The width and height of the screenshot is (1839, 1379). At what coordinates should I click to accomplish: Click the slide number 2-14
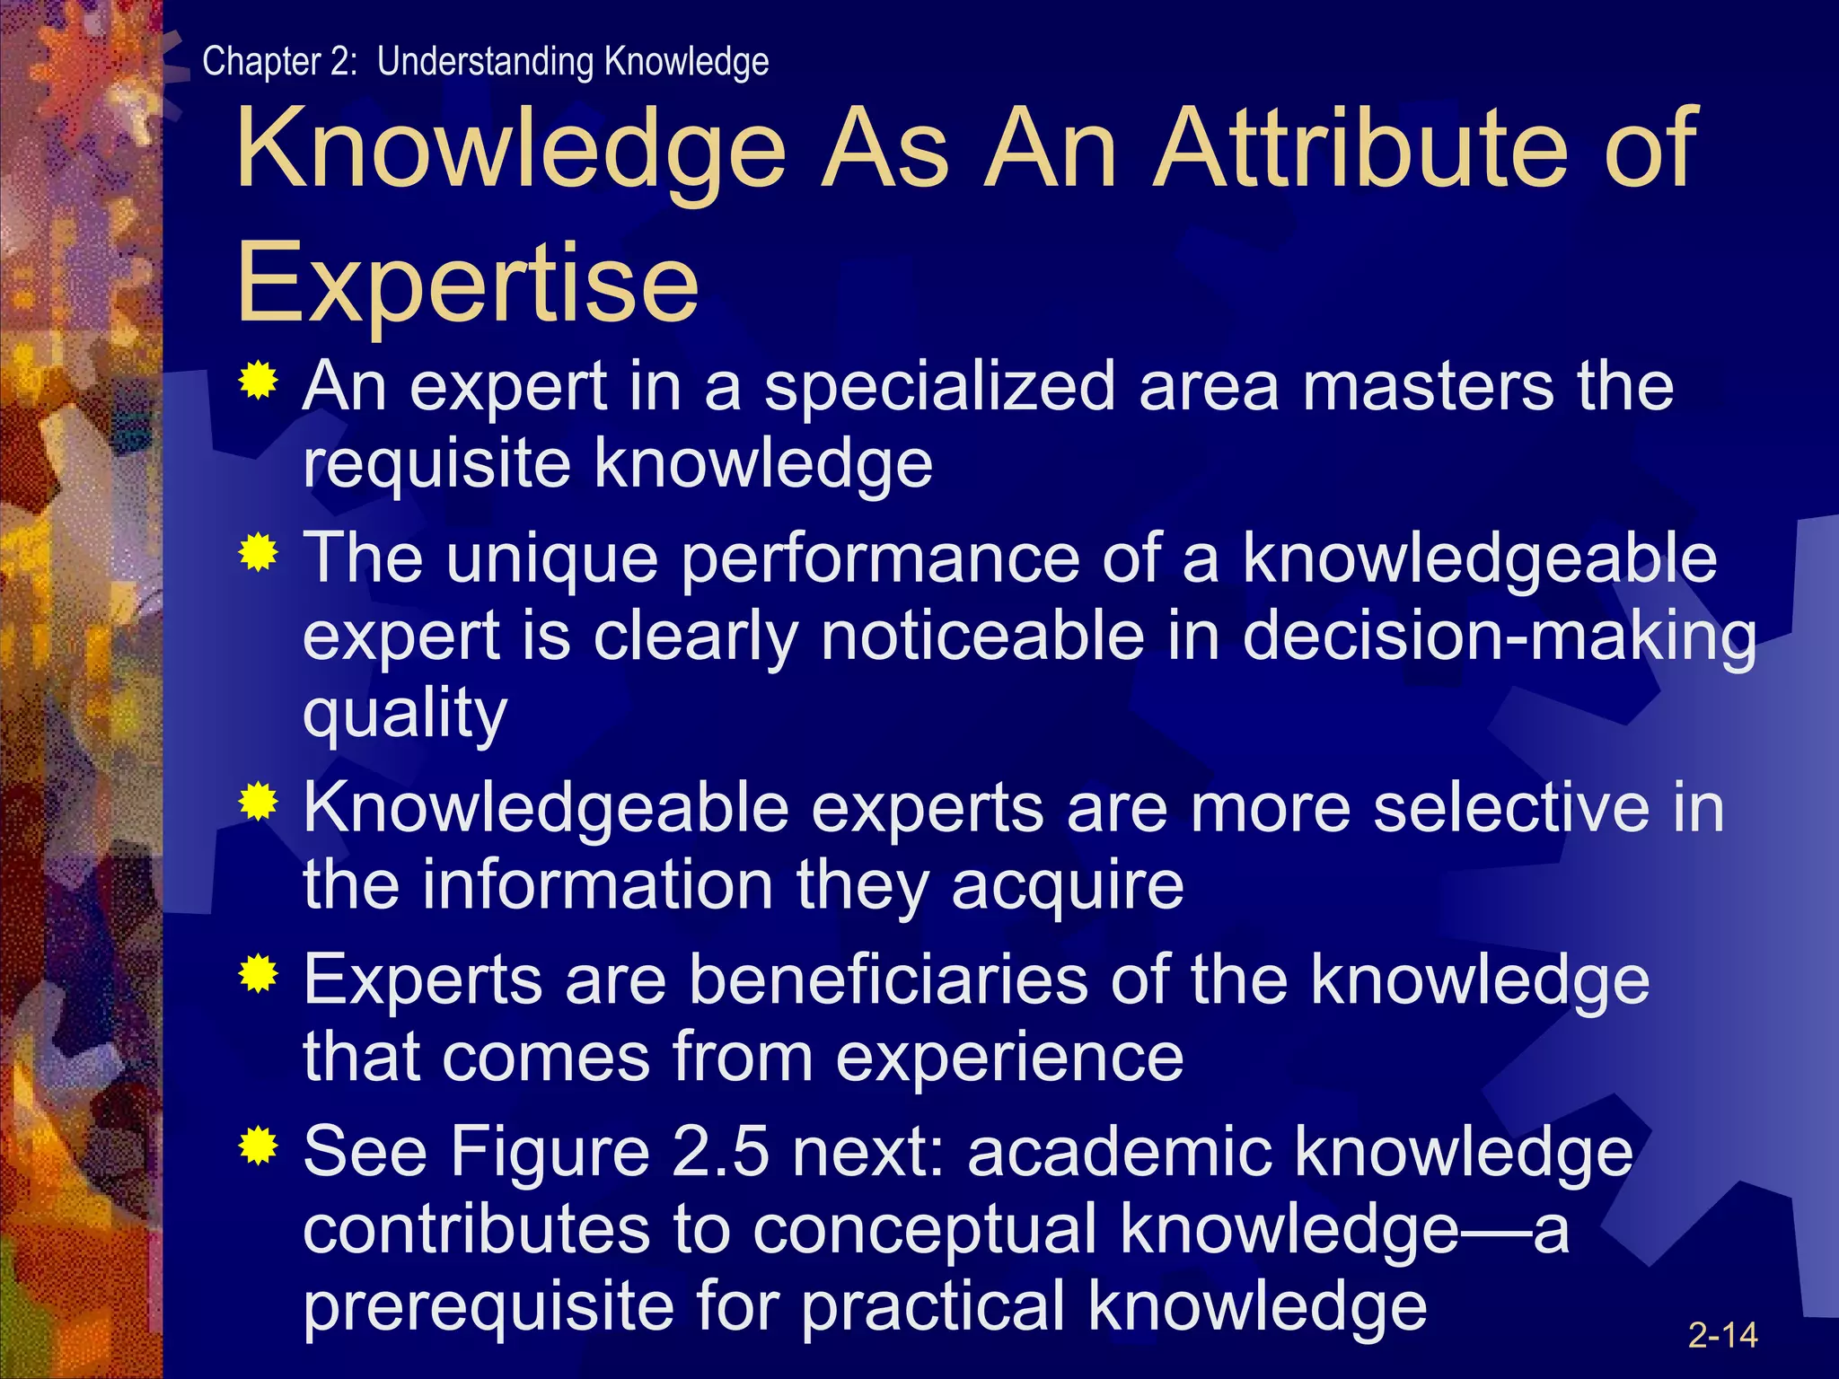pos(1722,1335)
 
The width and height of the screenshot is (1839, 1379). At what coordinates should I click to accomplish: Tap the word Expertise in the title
pos(467,283)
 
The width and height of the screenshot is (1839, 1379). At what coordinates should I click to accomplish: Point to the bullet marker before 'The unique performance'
pos(259,553)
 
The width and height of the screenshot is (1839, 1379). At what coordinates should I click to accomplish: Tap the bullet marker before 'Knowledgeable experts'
pos(259,802)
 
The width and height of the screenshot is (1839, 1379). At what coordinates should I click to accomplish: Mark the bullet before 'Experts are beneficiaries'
pos(259,973)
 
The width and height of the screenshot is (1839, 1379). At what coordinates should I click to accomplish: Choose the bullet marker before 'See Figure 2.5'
pos(259,1146)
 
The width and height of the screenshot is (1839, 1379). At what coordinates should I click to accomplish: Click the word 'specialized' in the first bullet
pos(939,388)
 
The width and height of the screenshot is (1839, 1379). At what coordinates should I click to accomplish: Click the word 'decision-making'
pos(1499,637)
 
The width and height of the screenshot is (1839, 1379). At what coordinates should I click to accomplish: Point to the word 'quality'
pos(405,715)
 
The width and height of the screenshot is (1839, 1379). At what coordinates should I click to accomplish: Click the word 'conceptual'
pos(924,1230)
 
